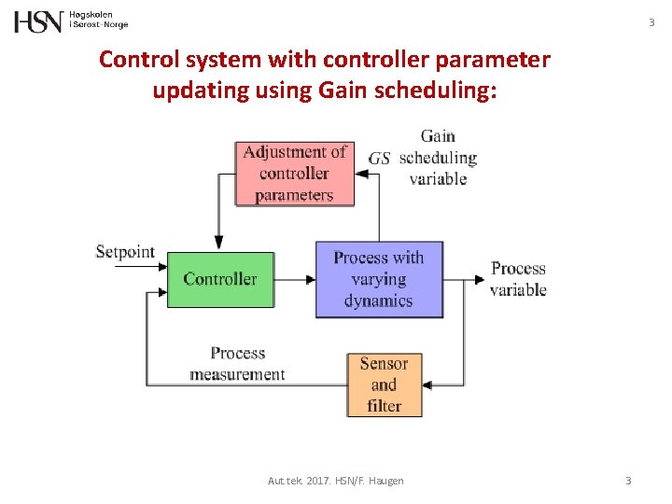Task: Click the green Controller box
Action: point(220,279)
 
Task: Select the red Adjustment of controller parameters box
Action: point(295,173)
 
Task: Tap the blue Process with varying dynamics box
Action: point(378,279)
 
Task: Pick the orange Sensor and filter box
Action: point(385,385)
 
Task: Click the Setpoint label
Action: point(125,252)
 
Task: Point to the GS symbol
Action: point(379,159)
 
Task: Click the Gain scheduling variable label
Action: point(438,157)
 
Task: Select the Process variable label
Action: point(518,279)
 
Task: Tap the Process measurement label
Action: point(237,364)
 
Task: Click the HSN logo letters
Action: point(38,21)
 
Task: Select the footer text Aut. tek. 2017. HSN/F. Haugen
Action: point(336,481)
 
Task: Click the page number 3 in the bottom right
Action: point(628,481)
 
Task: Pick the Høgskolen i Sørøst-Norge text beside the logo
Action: point(99,21)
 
